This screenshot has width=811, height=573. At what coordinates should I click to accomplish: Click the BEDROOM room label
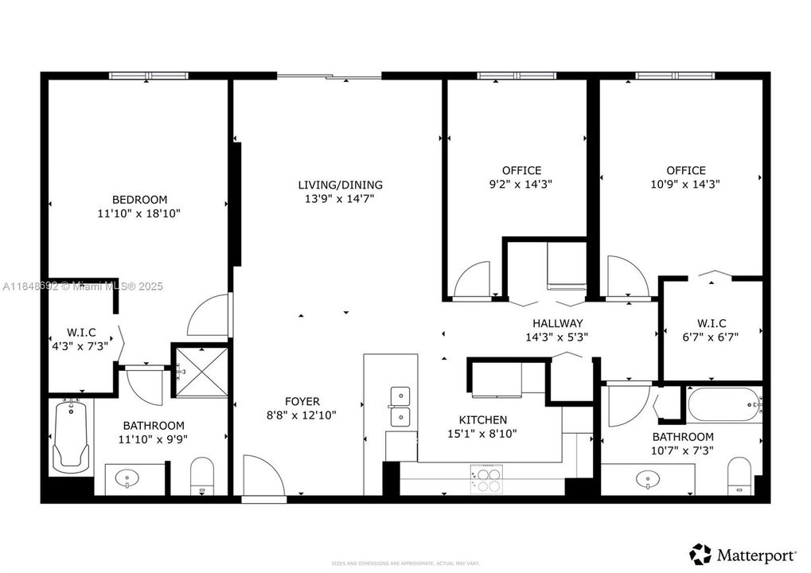click(139, 199)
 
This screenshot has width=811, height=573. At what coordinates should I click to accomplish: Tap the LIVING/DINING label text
click(334, 185)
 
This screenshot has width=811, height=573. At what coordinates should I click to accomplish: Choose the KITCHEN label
click(482, 419)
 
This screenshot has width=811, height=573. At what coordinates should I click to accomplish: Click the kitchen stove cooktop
click(486, 479)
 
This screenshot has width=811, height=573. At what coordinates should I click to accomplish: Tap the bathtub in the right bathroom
click(724, 406)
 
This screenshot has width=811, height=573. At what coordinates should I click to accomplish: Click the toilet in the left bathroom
click(202, 476)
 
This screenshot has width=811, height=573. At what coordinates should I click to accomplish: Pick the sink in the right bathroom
click(647, 479)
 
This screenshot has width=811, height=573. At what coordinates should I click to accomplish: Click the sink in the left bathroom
click(128, 479)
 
